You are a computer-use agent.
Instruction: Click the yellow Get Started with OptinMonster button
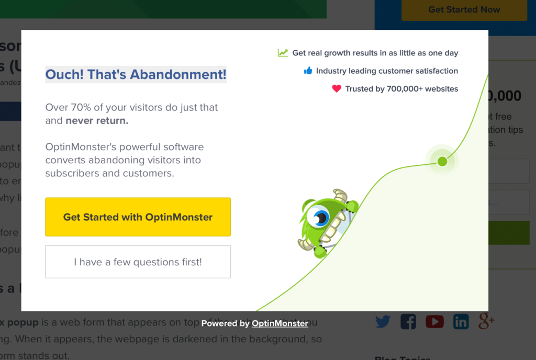138,217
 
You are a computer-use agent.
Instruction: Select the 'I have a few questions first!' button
138,262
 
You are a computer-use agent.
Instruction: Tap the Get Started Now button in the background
464,9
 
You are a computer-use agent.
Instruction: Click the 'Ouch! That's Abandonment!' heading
136,74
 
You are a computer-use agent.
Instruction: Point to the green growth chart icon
283,52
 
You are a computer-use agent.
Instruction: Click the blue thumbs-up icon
308,71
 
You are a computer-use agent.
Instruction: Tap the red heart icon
337,88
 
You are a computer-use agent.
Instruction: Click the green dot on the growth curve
442,161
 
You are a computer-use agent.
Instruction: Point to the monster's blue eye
318,216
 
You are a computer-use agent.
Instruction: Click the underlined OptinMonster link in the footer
280,323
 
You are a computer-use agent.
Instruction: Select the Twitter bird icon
383,321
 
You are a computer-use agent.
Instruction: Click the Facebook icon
408,321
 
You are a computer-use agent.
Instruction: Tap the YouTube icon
434,321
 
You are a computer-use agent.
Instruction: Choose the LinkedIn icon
461,321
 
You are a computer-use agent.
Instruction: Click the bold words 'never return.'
97,121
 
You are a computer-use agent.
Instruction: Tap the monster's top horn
340,195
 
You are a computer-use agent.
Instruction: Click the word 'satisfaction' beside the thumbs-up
432,71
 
